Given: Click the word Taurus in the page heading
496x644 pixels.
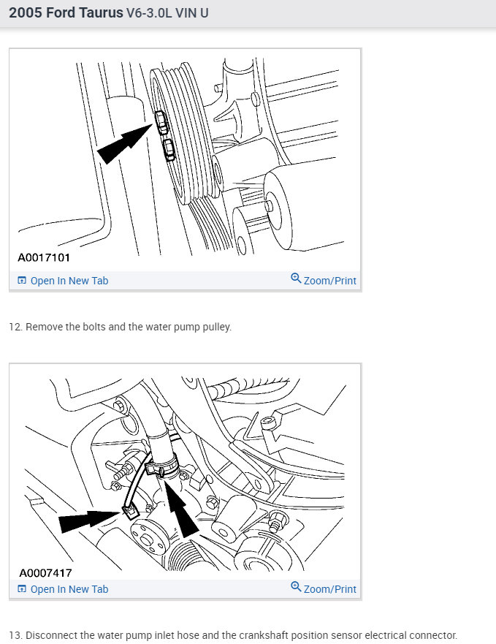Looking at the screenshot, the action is point(101,12).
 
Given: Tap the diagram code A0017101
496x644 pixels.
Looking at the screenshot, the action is point(44,257).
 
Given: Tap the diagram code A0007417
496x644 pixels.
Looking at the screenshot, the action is point(45,572).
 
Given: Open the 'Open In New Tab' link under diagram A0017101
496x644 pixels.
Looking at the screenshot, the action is point(63,281).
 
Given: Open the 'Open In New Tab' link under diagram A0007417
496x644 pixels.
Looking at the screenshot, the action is point(63,589).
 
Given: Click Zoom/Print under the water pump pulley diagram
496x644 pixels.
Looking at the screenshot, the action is point(324,280).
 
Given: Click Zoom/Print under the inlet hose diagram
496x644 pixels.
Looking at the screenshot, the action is point(324,588).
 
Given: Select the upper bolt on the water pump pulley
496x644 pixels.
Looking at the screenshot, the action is point(161,122).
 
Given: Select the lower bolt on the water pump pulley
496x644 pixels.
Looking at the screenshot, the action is point(169,149).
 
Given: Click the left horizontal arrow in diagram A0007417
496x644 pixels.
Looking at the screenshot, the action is point(91,520).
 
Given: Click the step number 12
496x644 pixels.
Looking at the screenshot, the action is point(15,327).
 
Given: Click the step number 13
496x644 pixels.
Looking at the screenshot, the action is point(15,635).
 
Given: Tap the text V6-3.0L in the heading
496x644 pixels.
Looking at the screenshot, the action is point(149,12).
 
